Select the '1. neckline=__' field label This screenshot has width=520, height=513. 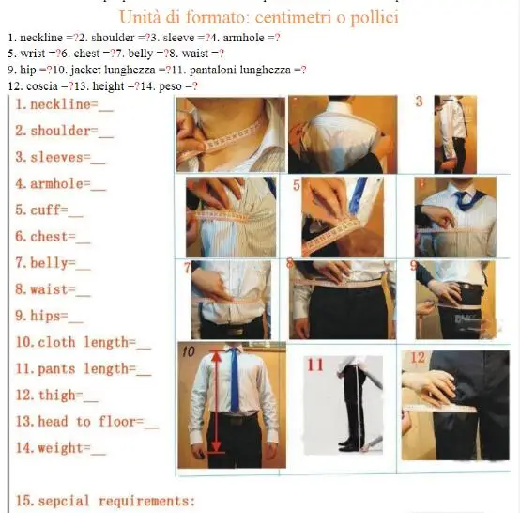(x=65, y=104)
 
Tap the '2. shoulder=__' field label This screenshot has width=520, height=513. (x=64, y=131)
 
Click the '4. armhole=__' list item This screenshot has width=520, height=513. (x=60, y=183)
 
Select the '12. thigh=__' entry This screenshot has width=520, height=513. (x=56, y=396)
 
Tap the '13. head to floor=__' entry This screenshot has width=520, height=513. (x=86, y=422)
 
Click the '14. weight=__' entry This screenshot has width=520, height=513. (x=60, y=448)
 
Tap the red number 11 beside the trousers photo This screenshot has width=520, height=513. (x=315, y=365)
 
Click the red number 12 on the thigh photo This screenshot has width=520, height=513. (x=419, y=358)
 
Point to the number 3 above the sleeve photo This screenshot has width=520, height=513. (x=418, y=101)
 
